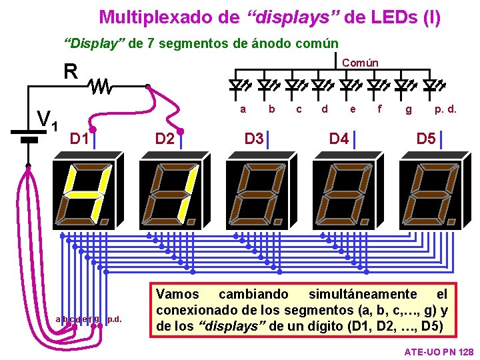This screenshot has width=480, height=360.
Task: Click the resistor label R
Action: [71, 71]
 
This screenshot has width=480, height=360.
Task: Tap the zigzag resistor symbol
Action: [102, 86]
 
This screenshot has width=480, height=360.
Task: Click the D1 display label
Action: [79, 139]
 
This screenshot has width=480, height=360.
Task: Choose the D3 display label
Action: [253, 139]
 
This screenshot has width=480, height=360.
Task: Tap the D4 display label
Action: [339, 139]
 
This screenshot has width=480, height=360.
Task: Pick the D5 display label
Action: [425, 139]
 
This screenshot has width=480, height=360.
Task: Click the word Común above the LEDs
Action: [360, 63]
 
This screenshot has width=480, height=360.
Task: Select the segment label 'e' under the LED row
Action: [353, 109]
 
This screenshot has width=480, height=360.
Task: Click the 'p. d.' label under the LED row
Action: [445, 109]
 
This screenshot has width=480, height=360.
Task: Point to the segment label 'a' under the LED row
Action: [243, 109]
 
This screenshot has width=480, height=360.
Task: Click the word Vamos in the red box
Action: [177, 294]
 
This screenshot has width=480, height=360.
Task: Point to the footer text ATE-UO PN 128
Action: [439, 351]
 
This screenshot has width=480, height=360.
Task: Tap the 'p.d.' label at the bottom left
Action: [115, 319]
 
